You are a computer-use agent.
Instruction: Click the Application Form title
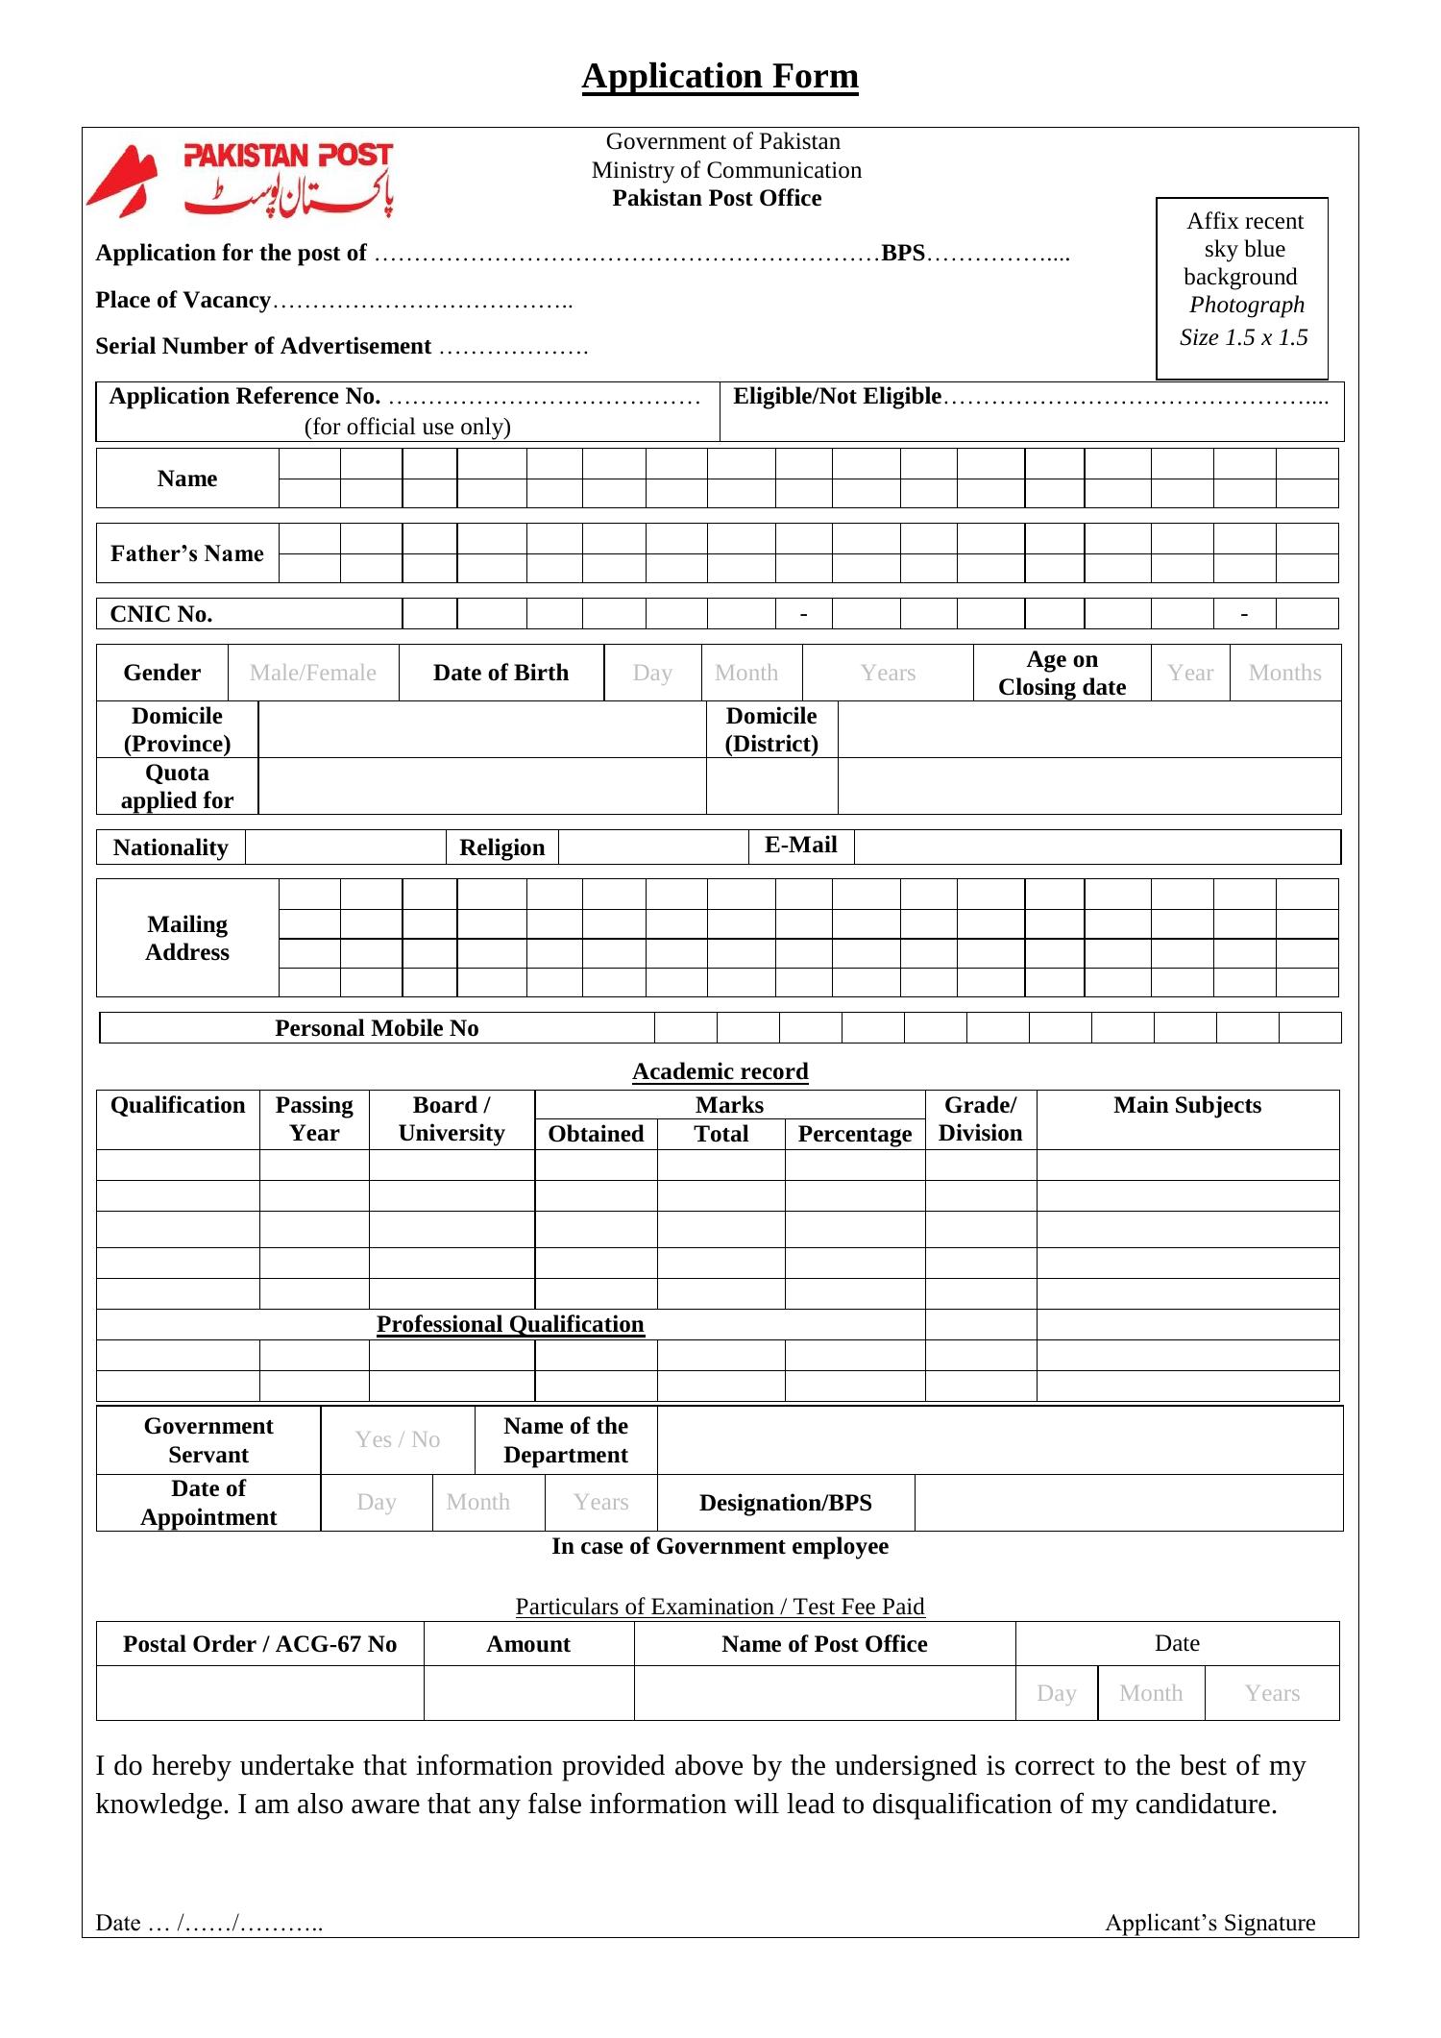720,76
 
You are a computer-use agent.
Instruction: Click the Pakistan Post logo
240,180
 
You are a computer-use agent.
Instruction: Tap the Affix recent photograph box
1242,288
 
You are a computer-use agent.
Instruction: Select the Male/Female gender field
313,673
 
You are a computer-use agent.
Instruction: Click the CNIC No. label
161,614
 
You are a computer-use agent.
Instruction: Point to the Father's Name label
187,553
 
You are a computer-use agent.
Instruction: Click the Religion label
501,847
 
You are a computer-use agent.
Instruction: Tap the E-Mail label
800,846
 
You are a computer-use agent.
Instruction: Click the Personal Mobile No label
377,1028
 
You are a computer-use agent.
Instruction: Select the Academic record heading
720,1071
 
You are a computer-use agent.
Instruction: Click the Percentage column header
854,1134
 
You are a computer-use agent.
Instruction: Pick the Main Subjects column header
1186,1106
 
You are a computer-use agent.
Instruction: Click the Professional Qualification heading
510,1324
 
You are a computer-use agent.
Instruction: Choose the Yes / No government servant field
397,1439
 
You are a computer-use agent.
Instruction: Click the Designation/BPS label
785,1503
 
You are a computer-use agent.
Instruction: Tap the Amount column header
528,1644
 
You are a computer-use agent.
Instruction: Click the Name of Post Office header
824,1644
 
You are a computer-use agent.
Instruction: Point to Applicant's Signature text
1209,1923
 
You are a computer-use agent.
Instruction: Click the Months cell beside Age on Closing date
1284,673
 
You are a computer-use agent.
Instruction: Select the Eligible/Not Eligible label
837,397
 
